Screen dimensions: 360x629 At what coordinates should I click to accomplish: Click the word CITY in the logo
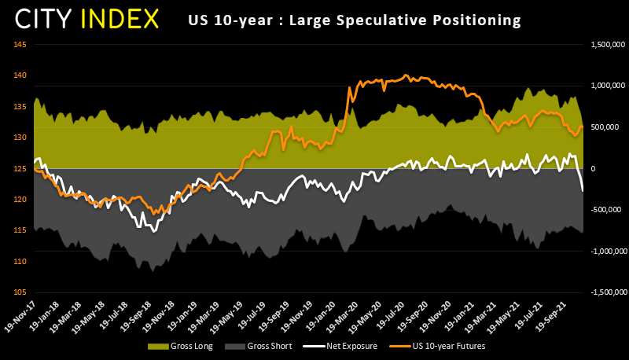46,18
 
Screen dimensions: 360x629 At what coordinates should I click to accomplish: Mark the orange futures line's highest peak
406,75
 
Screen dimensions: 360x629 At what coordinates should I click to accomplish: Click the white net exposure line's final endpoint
583,191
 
